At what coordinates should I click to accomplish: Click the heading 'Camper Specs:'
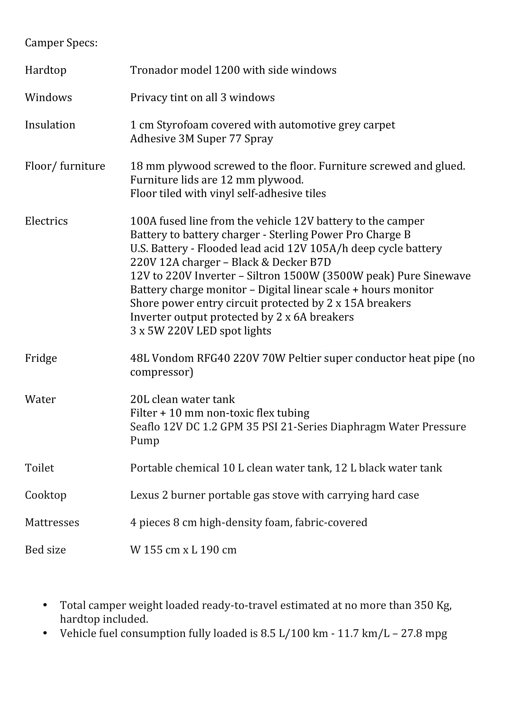pos(61,43)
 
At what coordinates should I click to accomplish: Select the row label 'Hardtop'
pos(46,70)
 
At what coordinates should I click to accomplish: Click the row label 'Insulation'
pos(50,125)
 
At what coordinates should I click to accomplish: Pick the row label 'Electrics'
pos(46,221)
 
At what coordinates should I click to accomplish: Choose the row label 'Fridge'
pos(41,358)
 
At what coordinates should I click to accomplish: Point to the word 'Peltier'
pos(305,358)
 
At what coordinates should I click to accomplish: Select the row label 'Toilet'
pos(39,468)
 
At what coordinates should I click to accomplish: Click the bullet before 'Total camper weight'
pos(45,605)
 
